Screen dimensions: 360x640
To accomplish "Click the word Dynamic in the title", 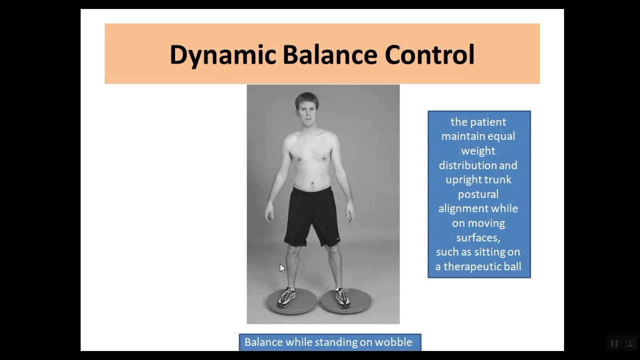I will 222,55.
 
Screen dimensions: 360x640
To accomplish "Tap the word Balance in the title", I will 329,55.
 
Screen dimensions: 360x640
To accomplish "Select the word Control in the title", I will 429,55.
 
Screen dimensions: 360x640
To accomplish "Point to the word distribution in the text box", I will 478,165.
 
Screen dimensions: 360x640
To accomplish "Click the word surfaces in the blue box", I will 478,237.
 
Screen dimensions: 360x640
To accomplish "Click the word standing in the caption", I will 334,342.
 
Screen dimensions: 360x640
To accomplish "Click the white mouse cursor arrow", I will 282,268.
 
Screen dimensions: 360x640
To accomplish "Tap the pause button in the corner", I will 614,343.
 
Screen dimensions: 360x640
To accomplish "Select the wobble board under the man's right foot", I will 291,302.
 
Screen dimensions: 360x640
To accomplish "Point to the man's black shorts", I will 312,215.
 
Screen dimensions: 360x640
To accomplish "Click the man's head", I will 307,108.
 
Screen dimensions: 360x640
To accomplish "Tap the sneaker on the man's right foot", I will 286,297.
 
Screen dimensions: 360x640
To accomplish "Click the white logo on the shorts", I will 338,237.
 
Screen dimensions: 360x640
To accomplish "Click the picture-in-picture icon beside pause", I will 630,343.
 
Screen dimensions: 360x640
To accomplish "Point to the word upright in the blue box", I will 462,179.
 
